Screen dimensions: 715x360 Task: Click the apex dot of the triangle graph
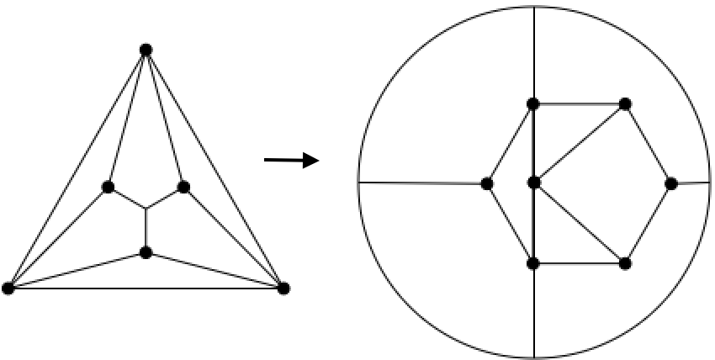[x=146, y=50]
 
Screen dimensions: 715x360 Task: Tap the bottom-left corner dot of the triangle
[x=8, y=289]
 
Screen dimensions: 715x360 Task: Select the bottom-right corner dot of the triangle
[x=283, y=289]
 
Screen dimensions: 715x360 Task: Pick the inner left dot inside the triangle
[x=108, y=187]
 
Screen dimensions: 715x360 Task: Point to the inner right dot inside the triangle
[x=183, y=187]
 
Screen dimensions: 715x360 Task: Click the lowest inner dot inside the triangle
[x=146, y=252]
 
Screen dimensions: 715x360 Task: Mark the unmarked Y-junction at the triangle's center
[x=146, y=208]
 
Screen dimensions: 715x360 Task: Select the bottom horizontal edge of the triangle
[x=146, y=289]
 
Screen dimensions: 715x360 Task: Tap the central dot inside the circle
[x=532, y=183]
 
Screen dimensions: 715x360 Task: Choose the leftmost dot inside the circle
[x=486, y=183]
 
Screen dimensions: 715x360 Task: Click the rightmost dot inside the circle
[x=670, y=183]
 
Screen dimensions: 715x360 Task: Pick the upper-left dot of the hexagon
[x=532, y=104]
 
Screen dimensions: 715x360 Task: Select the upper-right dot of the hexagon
[x=625, y=104]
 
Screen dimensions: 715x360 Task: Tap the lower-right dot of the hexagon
[x=625, y=263]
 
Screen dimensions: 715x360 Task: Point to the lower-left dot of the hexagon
[x=532, y=263]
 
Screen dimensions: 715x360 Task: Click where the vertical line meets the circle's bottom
[x=533, y=358]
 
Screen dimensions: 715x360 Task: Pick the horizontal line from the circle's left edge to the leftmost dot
[x=421, y=183]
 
